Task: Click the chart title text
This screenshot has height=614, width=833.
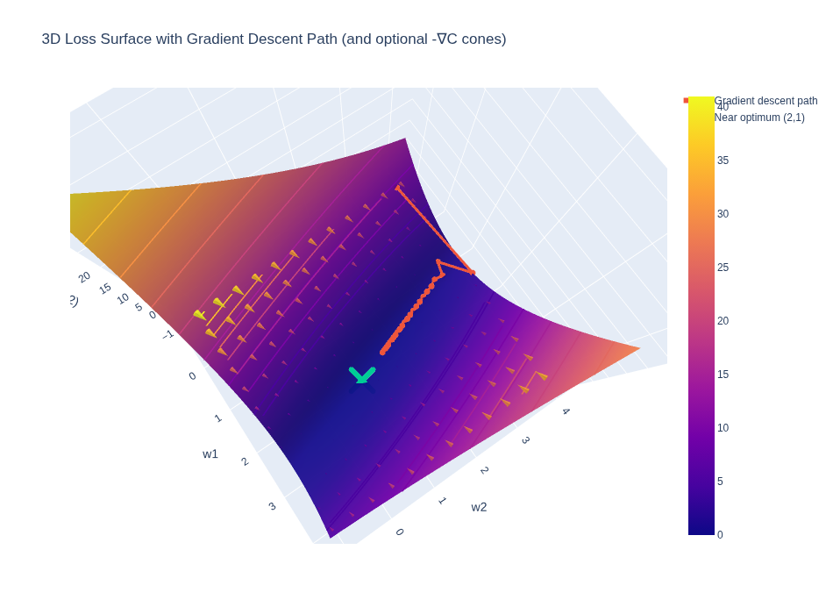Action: (x=274, y=39)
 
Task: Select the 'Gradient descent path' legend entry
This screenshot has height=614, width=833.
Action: (x=765, y=101)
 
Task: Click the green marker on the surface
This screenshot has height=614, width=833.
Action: (x=361, y=375)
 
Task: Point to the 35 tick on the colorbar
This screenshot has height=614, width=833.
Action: (x=723, y=161)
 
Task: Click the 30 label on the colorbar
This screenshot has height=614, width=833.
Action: (x=723, y=214)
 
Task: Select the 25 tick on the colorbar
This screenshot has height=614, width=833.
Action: (x=723, y=268)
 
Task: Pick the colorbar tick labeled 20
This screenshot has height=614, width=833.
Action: (x=723, y=321)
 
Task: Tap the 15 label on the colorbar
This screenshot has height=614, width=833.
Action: (x=723, y=375)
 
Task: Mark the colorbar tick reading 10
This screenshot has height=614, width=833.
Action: (x=723, y=428)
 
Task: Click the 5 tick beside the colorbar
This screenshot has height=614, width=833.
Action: (x=720, y=482)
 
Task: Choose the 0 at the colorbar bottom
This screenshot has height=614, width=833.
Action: (x=720, y=535)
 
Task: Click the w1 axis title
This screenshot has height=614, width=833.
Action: (x=210, y=453)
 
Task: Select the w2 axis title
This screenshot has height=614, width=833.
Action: (x=479, y=507)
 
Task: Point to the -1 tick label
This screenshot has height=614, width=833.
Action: (x=168, y=334)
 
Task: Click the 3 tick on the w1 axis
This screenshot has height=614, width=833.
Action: (x=272, y=506)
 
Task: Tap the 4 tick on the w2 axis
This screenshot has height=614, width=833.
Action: (x=566, y=411)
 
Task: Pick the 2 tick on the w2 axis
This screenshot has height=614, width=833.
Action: (x=484, y=470)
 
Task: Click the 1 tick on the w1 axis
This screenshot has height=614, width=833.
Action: (x=217, y=418)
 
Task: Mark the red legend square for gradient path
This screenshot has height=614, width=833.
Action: (x=686, y=101)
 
